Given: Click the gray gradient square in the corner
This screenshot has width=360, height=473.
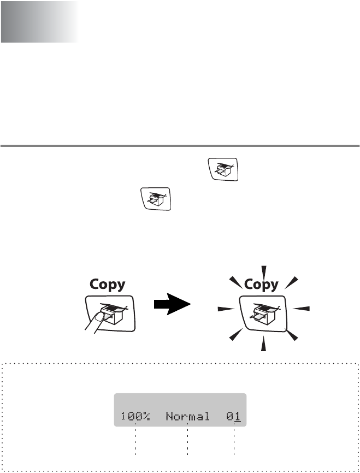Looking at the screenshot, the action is [x=39, y=22].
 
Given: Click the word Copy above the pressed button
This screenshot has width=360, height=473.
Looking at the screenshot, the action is [x=107, y=285].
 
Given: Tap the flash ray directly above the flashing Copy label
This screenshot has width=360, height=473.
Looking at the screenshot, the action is [x=264, y=271].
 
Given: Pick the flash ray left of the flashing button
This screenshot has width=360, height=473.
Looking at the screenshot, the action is [x=226, y=309].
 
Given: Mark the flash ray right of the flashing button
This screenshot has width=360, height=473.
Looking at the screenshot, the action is [x=301, y=309].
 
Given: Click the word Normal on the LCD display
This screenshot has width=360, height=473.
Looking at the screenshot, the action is [x=187, y=417].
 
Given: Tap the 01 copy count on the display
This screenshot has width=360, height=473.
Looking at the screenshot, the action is [x=234, y=417].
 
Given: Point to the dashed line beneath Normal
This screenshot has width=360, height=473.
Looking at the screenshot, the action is [x=187, y=441].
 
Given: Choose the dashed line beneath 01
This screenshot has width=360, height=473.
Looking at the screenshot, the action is [x=234, y=441].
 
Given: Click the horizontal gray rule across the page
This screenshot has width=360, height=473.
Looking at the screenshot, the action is [x=180, y=146].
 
